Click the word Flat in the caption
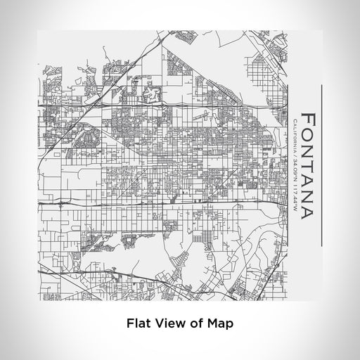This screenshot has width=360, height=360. click(x=139, y=324)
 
